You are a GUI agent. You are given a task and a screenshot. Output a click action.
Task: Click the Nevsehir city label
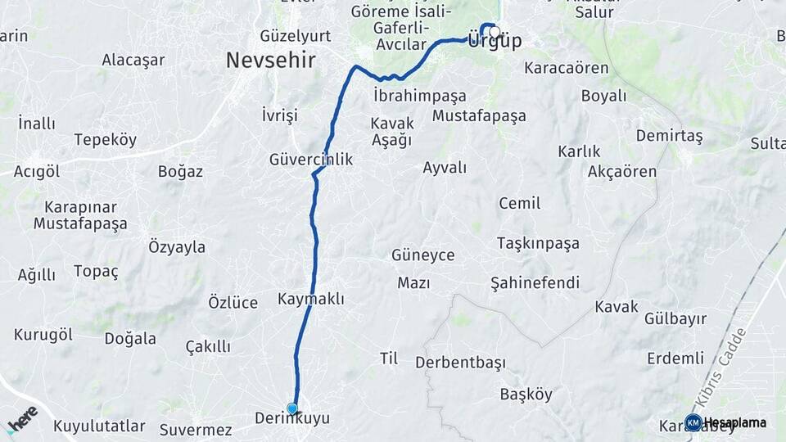(270, 61)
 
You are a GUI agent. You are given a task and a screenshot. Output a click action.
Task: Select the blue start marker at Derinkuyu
(292, 408)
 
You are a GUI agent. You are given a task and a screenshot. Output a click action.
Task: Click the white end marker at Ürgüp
(495, 32)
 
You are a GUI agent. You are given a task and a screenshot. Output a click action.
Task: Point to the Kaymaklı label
(310, 300)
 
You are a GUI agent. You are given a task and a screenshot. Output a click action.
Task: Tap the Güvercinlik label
(311, 160)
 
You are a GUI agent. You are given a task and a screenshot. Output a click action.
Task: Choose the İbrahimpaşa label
(419, 96)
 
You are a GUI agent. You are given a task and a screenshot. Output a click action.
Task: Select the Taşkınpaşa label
(538, 243)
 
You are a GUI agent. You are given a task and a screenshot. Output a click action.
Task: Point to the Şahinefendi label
(535, 283)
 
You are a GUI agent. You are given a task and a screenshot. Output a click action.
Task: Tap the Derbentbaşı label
(460, 362)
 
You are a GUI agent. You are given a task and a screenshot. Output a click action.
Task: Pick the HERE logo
(21, 420)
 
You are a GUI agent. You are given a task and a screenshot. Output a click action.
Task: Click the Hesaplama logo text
(734, 422)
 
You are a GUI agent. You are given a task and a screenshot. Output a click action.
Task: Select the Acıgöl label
(37, 171)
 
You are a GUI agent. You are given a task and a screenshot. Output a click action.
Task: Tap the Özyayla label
(177, 247)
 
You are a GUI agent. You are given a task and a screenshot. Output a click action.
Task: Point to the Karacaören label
(567, 68)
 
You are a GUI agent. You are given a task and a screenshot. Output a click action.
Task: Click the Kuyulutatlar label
(99, 426)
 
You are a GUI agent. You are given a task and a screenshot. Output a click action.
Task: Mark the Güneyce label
(422, 255)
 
